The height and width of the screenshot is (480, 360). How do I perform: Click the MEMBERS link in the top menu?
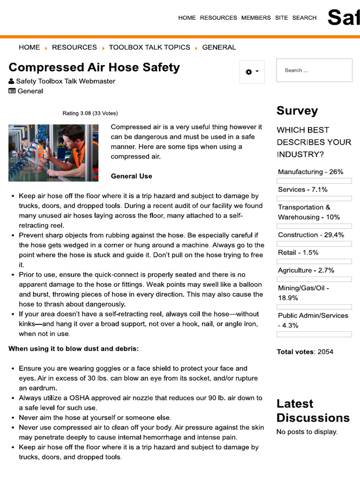(256, 18)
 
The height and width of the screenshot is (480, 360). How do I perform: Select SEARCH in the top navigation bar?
(304, 18)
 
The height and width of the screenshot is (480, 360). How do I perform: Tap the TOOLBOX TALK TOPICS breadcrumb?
(150, 47)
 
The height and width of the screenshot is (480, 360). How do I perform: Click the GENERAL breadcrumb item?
(219, 47)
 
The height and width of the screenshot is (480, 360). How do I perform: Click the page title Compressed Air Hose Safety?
(94, 67)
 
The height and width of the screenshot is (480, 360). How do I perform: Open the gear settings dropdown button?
(252, 72)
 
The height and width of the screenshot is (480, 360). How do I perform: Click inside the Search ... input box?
(314, 70)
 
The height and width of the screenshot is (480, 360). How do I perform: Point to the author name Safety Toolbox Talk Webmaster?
(65, 81)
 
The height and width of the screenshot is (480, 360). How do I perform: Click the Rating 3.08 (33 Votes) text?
(90, 113)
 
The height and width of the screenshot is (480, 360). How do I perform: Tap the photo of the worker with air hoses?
(53, 153)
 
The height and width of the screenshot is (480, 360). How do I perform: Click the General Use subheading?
(131, 176)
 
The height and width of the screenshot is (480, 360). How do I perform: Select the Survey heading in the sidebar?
(297, 111)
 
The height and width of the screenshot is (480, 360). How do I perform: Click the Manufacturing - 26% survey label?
(310, 172)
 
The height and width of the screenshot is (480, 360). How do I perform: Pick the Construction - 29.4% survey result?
(311, 235)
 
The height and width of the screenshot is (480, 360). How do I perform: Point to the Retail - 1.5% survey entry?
(298, 253)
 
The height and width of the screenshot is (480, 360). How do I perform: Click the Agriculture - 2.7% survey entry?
(306, 270)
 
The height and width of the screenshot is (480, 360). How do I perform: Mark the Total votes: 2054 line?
(305, 352)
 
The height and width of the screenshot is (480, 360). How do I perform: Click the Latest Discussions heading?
(313, 411)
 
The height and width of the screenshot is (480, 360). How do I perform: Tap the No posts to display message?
(307, 432)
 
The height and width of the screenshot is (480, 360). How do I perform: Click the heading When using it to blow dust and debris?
(74, 349)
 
